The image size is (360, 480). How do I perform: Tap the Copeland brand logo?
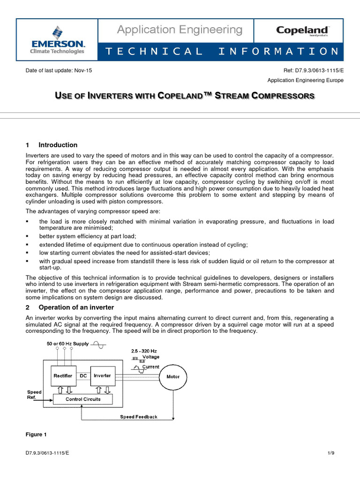tap(302, 31)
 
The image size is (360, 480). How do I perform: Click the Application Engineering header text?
tap(180, 30)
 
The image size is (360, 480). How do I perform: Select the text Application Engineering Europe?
tap(305, 80)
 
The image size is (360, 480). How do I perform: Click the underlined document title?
tap(185, 96)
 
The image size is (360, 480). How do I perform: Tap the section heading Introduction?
tap(58, 145)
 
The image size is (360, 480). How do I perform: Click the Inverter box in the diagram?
tap(102, 375)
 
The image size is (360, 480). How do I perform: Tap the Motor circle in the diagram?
tap(173, 376)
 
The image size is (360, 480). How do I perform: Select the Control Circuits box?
tap(83, 399)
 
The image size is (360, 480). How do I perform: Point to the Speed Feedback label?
tap(139, 417)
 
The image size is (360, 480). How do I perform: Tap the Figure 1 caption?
tap(36, 435)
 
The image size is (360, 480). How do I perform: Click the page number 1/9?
tap(330, 453)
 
